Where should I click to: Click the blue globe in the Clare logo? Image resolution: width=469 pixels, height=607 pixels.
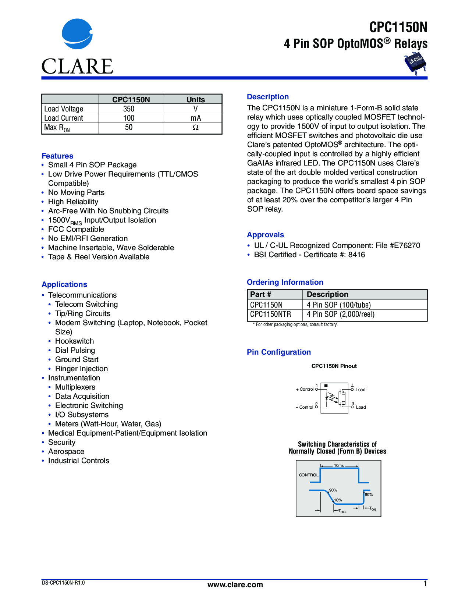click(x=77, y=34)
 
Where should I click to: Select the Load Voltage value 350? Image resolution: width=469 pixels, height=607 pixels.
click(x=129, y=109)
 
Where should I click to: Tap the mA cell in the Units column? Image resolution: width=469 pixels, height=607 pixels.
click(x=196, y=118)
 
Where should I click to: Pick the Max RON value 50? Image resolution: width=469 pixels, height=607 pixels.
click(x=129, y=127)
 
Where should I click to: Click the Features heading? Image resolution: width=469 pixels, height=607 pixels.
click(x=57, y=156)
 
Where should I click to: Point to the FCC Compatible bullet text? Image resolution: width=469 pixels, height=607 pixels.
click(x=76, y=229)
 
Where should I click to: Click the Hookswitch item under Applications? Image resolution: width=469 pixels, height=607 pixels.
click(x=74, y=341)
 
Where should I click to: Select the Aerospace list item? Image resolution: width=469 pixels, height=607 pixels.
click(x=66, y=451)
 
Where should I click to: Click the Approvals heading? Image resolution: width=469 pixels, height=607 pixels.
click(x=265, y=235)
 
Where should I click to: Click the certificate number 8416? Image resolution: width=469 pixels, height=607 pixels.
click(x=356, y=255)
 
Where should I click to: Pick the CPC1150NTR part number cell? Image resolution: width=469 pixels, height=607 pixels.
click(x=270, y=314)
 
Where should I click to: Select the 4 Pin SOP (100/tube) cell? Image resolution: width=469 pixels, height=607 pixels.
click(x=339, y=305)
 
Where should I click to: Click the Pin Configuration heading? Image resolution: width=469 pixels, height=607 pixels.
click(x=279, y=352)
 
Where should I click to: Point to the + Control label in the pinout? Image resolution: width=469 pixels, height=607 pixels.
click(x=305, y=389)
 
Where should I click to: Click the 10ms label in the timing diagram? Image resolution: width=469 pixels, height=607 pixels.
click(x=339, y=466)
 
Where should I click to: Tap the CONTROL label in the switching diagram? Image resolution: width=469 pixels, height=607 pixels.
click(x=309, y=475)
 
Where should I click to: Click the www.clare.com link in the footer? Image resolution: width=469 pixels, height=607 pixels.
click(x=235, y=585)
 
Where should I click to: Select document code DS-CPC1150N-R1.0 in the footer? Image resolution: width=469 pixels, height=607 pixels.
click(x=63, y=583)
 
